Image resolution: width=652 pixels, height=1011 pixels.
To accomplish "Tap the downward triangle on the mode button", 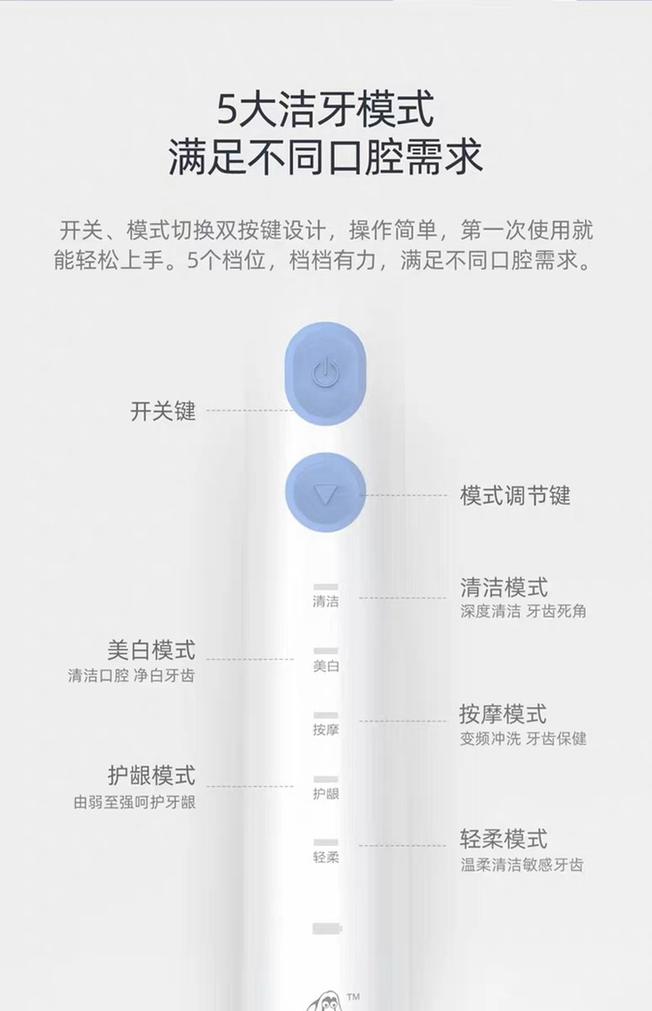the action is [325, 493].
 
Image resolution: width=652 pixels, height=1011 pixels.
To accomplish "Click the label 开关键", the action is [163, 412].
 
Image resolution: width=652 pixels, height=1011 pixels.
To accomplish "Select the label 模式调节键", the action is [515, 496].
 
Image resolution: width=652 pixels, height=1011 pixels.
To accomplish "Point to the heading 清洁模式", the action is [504, 588].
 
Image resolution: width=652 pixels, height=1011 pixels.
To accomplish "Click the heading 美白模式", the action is [150, 649].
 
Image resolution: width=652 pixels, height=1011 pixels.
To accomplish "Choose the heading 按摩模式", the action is [503, 714].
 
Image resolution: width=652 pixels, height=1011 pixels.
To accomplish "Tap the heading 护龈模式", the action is [150, 775].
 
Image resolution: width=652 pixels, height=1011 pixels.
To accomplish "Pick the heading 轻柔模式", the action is [503, 840].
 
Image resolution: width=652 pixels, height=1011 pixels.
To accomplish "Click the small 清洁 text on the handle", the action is [326, 602].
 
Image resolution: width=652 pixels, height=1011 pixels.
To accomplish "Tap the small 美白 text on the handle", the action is [326, 666].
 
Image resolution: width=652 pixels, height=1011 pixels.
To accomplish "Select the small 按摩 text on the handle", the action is [326, 731].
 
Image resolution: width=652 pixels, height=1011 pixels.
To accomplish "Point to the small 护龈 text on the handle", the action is [326, 794].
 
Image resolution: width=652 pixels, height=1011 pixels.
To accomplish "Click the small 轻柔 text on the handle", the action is [326, 858].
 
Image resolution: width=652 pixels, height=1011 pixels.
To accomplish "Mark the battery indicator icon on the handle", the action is [326, 929].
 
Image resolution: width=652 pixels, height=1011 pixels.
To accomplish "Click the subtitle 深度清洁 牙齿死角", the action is [523, 612].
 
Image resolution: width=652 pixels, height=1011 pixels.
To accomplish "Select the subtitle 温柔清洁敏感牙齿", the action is [522, 865].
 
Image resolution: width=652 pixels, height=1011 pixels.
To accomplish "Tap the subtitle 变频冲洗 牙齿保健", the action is [523, 739].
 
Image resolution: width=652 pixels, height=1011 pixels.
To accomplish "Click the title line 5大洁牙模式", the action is [326, 111].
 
